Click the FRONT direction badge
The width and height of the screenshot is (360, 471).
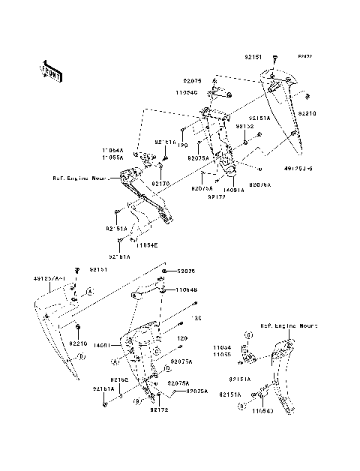tap(50, 70)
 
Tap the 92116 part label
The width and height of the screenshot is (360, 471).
tap(165, 142)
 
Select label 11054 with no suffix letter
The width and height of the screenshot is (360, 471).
tap(220, 347)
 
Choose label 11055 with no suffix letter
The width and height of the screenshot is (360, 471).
tap(220, 354)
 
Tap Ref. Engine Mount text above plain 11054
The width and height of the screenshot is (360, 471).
tap(289, 327)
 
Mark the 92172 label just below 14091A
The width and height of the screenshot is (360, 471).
tap(218, 196)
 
